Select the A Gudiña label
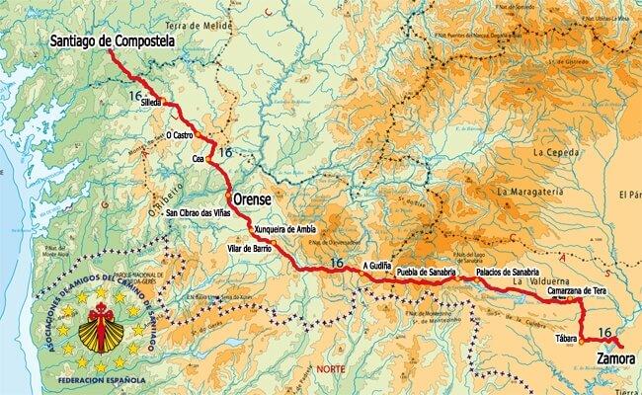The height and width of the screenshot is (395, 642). pyautogui.click(x=381, y=266)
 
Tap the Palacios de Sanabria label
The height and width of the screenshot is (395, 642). pyautogui.click(x=508, y=272)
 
